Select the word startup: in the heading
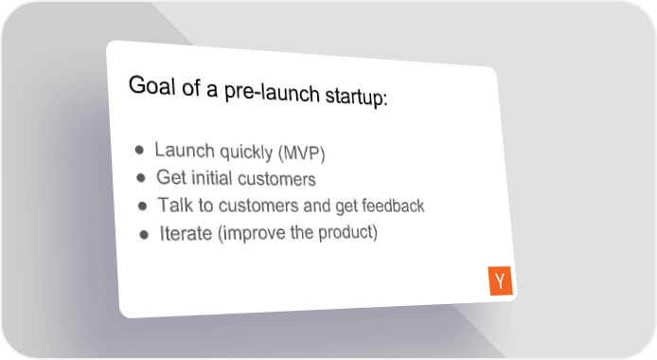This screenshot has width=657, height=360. coord(356,97)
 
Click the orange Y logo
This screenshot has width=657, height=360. coord(500,280)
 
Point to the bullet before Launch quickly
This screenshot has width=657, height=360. coord(139,150)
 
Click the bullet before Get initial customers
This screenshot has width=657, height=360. coord(141,178)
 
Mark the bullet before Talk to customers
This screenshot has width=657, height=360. coord(142,206)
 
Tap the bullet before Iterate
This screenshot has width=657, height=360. coord(144,234)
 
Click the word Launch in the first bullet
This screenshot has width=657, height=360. coord(185,150)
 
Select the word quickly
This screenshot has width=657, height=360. coord(246,153)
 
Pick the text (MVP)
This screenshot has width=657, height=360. coord(302,153)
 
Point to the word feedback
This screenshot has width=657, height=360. coord(393,206)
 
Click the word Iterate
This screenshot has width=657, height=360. coord(186,233)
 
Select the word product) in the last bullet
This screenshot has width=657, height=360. coord(347,232)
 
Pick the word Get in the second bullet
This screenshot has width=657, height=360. coord(171,177)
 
